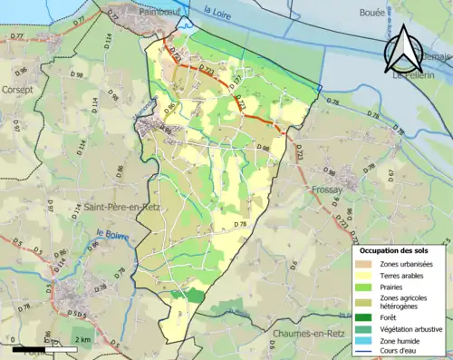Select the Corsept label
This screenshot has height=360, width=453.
point(18,90)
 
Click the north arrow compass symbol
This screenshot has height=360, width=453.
point(405,50)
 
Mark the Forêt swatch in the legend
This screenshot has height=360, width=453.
point(361,316)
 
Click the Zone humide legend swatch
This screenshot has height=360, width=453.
point(361,340)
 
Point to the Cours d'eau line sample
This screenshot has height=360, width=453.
point(361,352)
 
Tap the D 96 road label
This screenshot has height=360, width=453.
point(20,71)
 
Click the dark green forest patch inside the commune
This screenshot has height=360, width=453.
point(194,297)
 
